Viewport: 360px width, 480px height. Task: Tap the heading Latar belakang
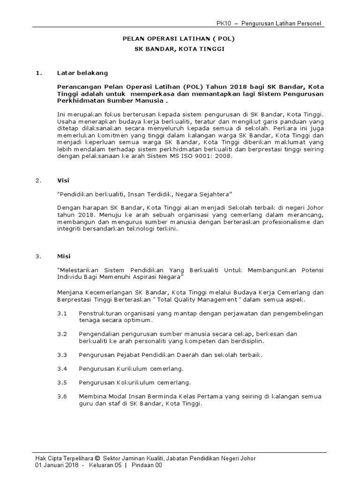point(82,73)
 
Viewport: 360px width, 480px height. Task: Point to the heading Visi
point(63,180)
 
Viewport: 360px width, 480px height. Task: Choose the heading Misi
point(64,256)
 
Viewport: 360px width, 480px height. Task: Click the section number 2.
point(38,180)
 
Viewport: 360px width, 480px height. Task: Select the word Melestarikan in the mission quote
point(79,270)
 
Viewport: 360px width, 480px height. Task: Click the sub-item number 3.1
point(62,313)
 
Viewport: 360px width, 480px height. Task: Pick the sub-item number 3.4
point(62,368)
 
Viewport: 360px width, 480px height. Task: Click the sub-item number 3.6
point(62,397)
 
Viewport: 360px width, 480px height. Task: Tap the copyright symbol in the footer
point(97,458)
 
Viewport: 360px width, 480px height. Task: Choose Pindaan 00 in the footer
point(147,465)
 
